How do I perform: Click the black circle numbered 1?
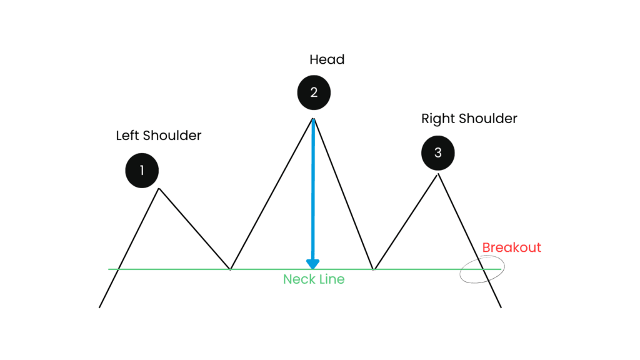[142, 171]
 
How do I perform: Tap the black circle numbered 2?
[314, 92]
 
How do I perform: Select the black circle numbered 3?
[438, 153]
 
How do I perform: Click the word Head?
[327, 59]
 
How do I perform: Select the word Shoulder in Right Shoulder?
[487, 118]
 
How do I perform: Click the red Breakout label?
[511, 247]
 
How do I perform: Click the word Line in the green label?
[331, 279]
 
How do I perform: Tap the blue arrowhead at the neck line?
[313, 264]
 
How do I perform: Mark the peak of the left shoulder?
[159, 189]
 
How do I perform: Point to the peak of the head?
[314, 118]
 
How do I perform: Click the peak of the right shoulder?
[438, 174]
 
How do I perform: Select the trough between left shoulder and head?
[230, 269]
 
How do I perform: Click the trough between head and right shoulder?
[374, 269]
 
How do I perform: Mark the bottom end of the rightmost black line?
[501, 307]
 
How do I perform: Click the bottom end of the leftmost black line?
[99, 307]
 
